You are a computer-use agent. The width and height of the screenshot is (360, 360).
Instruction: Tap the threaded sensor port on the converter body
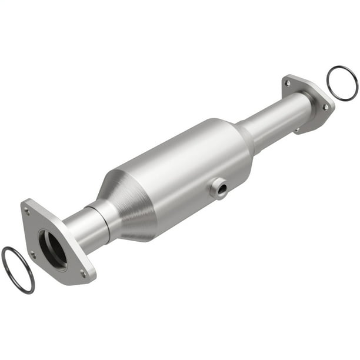point(218,188)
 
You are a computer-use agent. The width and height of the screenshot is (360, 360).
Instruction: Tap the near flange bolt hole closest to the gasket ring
point(32,254)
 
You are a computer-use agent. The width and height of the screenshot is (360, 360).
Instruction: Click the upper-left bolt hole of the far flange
point(287,83)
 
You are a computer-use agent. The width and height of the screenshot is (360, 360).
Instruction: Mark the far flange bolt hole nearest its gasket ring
point(325,107)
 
